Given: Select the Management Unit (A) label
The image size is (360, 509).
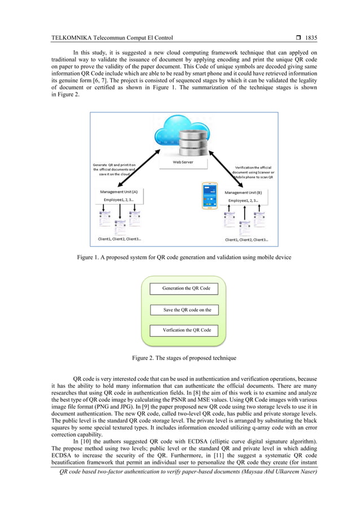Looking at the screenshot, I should tap(122, 192).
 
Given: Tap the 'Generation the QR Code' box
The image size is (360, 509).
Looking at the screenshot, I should tap(186, 288).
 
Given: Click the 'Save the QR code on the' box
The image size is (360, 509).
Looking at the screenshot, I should tap(186, 310).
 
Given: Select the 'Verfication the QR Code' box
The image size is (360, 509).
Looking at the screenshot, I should tap(186, 330).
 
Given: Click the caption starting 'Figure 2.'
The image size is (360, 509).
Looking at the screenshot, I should tap(184, 358).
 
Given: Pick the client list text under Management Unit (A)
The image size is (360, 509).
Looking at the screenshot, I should tap(119, 239).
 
